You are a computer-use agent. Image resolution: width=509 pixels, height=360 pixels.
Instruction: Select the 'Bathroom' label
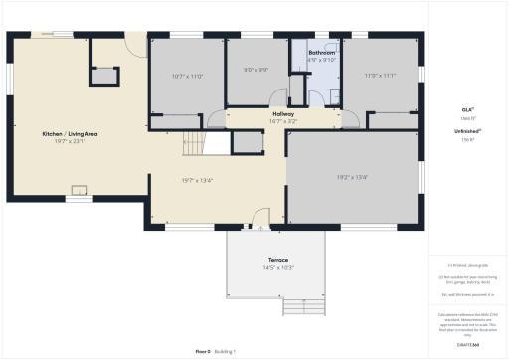pyautogui.click(x=321, y=51)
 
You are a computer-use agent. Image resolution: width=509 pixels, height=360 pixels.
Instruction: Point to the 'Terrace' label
pyautogui.click(x=277, y=260)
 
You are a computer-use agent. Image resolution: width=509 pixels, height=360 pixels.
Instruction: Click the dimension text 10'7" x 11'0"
pyautogui.click(x=187, y=76)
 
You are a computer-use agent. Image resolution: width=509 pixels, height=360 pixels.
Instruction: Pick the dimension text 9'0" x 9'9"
pyautogui.click(x=255, y=70)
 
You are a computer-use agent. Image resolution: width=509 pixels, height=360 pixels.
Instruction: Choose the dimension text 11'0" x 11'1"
pyautogui.click(x=379, y=76)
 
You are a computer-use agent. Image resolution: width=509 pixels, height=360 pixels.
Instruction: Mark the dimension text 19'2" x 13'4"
pyautogui.click(x=352, y=178)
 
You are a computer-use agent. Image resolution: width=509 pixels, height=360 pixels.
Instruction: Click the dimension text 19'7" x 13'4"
pyautogui.click(x=197, y=180)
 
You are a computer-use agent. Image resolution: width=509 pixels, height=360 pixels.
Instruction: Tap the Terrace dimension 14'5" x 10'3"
pyautogui.click(x=277, y=268)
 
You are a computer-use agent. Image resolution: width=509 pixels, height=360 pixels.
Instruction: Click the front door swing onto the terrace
pyautogui.click(x=260, y=218)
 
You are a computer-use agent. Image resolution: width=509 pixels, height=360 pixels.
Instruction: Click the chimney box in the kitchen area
pyautogui.click(x=104, y=76)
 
